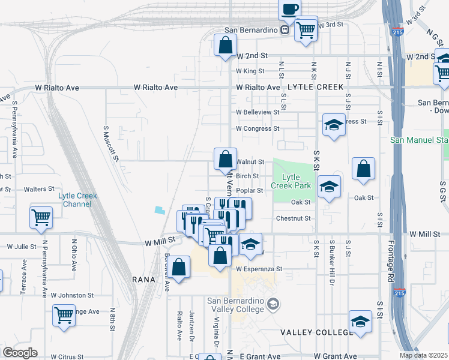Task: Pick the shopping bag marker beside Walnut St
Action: point(225,160)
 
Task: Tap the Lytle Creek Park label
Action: point(291,181)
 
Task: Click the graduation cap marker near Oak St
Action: point(329,187)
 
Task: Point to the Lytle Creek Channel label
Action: point(77,200)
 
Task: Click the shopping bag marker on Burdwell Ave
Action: point(179,268)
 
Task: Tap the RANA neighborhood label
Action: point(144,280)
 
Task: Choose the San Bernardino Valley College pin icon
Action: point(274,304)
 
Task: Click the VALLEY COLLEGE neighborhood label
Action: point(316,332)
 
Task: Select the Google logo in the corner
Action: point(20,353)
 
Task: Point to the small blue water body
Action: point(159,210)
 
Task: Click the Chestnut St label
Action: point(293,218)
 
